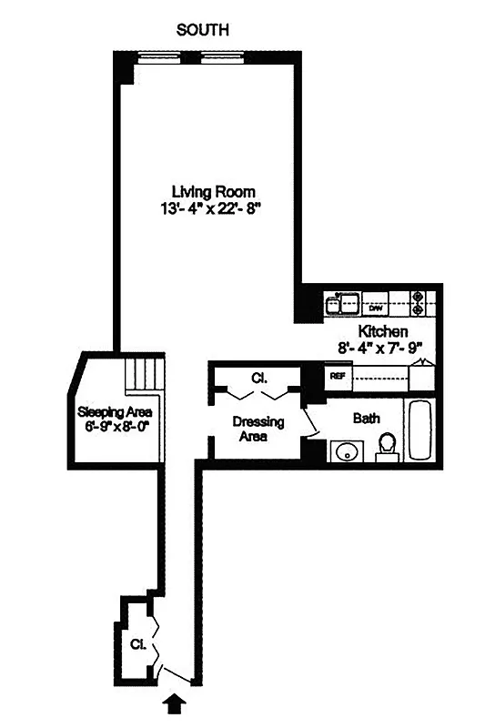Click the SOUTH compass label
click(x=203, y=30)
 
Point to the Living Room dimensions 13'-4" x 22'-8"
click(x=213, y=207)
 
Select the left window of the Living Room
click(x=157, y=58)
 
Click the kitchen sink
click(x=346, y=299)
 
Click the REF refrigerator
click(x=337, y=374)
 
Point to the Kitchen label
click(x=382, y=331)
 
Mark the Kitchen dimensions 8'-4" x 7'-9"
click(x=382, y=347)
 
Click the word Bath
click(x=366, y=419)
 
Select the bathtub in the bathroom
click(x=421, y=430)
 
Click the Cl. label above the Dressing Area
click(x=258, y=378)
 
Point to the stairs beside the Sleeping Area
click(x=142, y=373)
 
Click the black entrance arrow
click(x=175, y=702)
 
